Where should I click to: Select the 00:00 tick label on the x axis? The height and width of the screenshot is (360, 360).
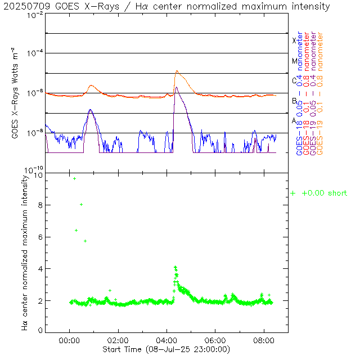69,340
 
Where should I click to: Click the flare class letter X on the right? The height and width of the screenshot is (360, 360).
294,40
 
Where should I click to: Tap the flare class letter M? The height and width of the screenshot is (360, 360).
294,61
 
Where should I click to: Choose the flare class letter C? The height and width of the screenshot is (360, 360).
294,80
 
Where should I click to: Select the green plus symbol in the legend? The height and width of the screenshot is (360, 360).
292,193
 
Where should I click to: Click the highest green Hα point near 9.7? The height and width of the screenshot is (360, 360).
74,178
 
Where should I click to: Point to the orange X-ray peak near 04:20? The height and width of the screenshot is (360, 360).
177,71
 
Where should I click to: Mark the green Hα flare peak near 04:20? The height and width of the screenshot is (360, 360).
175,267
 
